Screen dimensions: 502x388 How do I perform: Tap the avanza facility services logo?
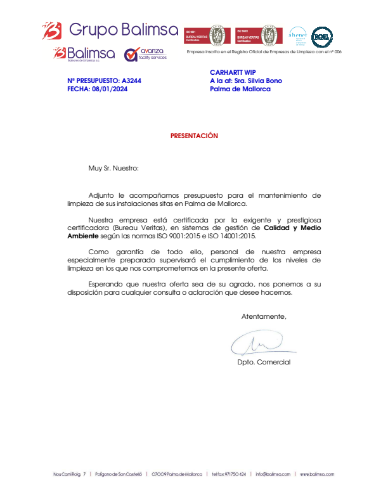[145, 54]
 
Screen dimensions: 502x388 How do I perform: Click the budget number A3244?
[131, 81]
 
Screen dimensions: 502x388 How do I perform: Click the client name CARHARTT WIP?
[232, 72]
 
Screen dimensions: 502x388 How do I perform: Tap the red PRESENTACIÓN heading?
[194, 136]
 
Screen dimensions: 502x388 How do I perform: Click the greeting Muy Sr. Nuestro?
[113, 169]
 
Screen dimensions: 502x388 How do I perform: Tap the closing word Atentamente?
[264, 316]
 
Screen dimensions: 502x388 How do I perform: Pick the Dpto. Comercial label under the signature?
[264, 362]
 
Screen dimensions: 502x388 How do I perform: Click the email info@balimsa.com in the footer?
[273, 474]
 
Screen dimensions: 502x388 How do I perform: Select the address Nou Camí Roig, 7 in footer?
[69, 474]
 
